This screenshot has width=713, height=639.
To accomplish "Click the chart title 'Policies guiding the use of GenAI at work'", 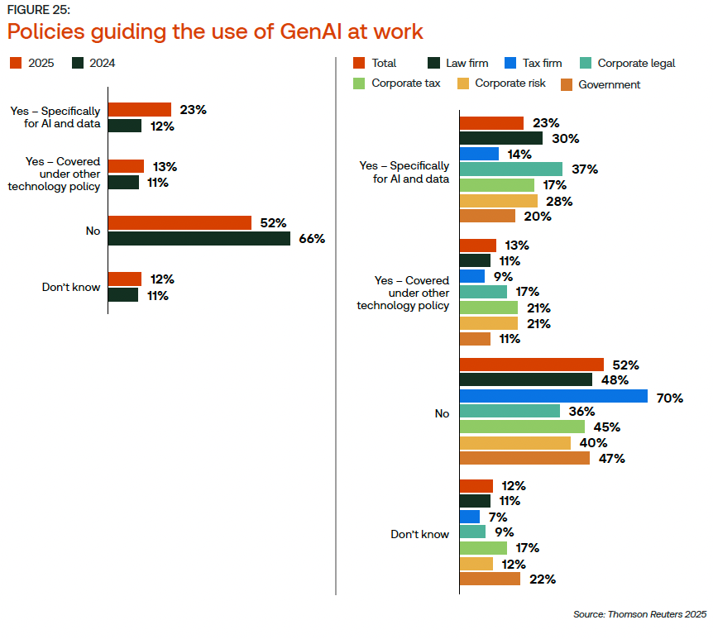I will [x=215, y=31].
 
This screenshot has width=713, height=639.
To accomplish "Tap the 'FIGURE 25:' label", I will [x=39, y=9].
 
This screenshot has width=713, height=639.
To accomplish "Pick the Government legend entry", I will [x=601, y=84].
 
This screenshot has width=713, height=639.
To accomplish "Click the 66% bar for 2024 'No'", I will [x=199, y=239].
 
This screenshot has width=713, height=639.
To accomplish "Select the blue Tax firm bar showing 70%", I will [x=553, y=397].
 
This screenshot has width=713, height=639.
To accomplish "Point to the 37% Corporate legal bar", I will [x=510, y=169].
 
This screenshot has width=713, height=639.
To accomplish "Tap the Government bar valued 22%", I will [x=490, y=579].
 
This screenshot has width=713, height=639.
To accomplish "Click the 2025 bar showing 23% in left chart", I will [x=140, y=109].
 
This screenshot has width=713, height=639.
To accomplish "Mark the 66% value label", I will [x=312, y=239].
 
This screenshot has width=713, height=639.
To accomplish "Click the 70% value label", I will [x=670, y=397].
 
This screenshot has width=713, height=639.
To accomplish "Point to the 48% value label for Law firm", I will [x=615, y=380].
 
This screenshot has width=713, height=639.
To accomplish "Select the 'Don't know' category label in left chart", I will [x=71, y=288].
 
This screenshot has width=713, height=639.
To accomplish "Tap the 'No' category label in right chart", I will [x=442, y=412].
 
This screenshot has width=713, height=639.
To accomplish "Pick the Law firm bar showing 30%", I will [x=500, y=139].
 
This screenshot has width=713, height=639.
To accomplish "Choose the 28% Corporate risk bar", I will [x=498, y=201].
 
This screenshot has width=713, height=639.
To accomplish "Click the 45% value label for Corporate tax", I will [x=607, y=427].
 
